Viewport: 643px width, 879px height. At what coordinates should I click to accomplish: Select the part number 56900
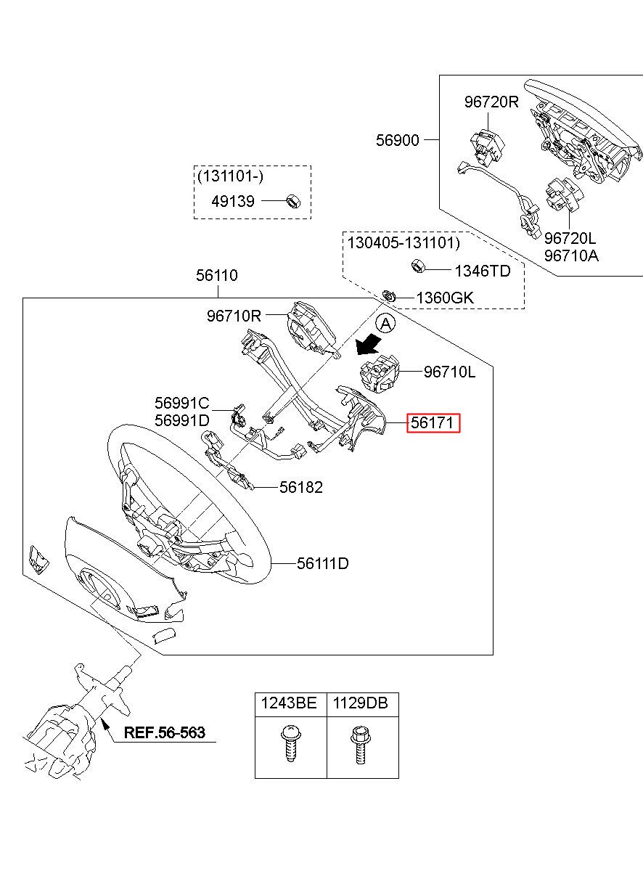point(398,140)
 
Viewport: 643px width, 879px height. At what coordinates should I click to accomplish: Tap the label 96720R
point(491,102)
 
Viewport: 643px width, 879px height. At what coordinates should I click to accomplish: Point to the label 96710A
point(571,255)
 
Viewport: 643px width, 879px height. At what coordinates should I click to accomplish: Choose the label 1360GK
point(444,298)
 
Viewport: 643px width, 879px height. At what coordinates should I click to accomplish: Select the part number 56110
point(216,276)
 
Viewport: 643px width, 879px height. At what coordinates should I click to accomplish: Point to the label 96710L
point(450,372)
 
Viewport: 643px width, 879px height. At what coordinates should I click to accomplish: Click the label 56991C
point(181,403)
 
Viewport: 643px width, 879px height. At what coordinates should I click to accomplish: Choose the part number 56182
point(301,487)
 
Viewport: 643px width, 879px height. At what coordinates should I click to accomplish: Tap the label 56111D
point(322,563)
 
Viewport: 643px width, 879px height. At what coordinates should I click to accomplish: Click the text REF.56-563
point(164,732)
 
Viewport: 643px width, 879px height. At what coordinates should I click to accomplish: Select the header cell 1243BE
point(290,703)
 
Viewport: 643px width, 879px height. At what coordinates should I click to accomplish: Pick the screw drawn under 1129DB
point(358,745)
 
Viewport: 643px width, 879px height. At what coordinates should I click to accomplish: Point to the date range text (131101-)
point(229,176)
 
